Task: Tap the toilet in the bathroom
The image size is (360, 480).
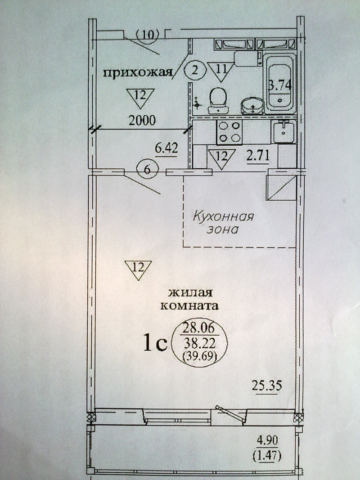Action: (218, 101)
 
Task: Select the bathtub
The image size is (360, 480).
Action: (280, 84)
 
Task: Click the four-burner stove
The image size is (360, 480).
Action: (229, 132)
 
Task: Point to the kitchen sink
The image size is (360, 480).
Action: (284, 132)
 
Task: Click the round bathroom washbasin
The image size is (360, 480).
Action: (253, 106)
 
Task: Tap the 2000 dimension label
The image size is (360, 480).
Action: (142, 121)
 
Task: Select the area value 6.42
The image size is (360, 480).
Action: (166, 149)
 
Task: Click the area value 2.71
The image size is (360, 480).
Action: (258, 156)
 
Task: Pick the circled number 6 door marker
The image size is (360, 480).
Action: (147, 170)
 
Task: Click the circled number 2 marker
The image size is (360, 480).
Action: (195, 71)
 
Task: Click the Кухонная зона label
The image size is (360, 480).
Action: (223, 223)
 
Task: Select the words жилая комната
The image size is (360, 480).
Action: (190, 299)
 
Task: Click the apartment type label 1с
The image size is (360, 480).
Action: (155, 343)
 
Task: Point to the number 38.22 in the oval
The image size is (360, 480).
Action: (200, 344)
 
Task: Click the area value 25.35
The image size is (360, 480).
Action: (267, 386)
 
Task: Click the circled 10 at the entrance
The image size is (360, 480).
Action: (148, 35)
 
